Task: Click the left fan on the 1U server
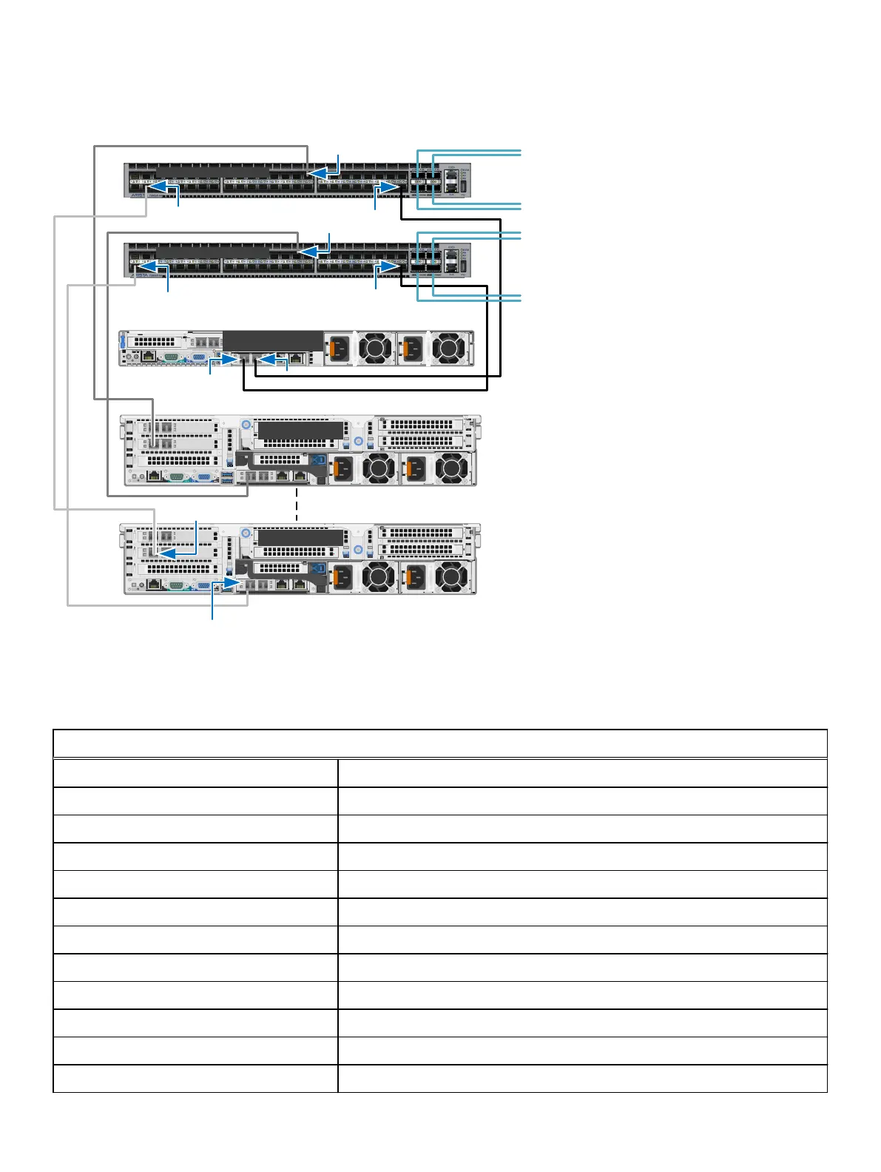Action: (x=377, y=348)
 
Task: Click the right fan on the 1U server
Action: (x=448, y=348)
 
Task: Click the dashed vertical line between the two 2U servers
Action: (x=297, y=503)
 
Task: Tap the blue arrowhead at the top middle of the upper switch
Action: (x=317, y=172)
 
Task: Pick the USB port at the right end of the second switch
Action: (x=464, y=266)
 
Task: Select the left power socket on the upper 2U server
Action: (x=341, y=468)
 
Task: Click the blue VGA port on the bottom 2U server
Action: (x=202, y=585)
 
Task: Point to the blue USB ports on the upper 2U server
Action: (x=226, y=477)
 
